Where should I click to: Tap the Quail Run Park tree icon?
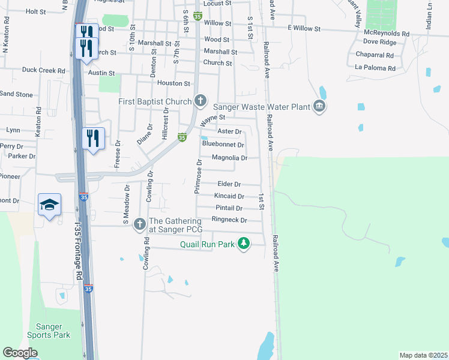(x=244, y=244)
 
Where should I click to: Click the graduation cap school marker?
(x=50, y=205)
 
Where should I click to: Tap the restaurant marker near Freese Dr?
(x=93, y=139)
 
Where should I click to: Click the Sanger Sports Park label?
(x=49, y=331)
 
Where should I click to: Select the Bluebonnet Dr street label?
(x=223, y=145)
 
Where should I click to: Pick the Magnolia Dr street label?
(x=230, y=158)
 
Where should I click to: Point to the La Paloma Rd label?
(x=375, y=68)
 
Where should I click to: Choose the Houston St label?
(x=175, y=83)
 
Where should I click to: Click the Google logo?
(x=20, y=353)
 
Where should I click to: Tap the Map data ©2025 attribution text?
(x=423, y=355)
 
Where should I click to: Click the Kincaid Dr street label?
(x=229, y=196)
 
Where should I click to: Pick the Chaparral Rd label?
(x=374, y=55)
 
